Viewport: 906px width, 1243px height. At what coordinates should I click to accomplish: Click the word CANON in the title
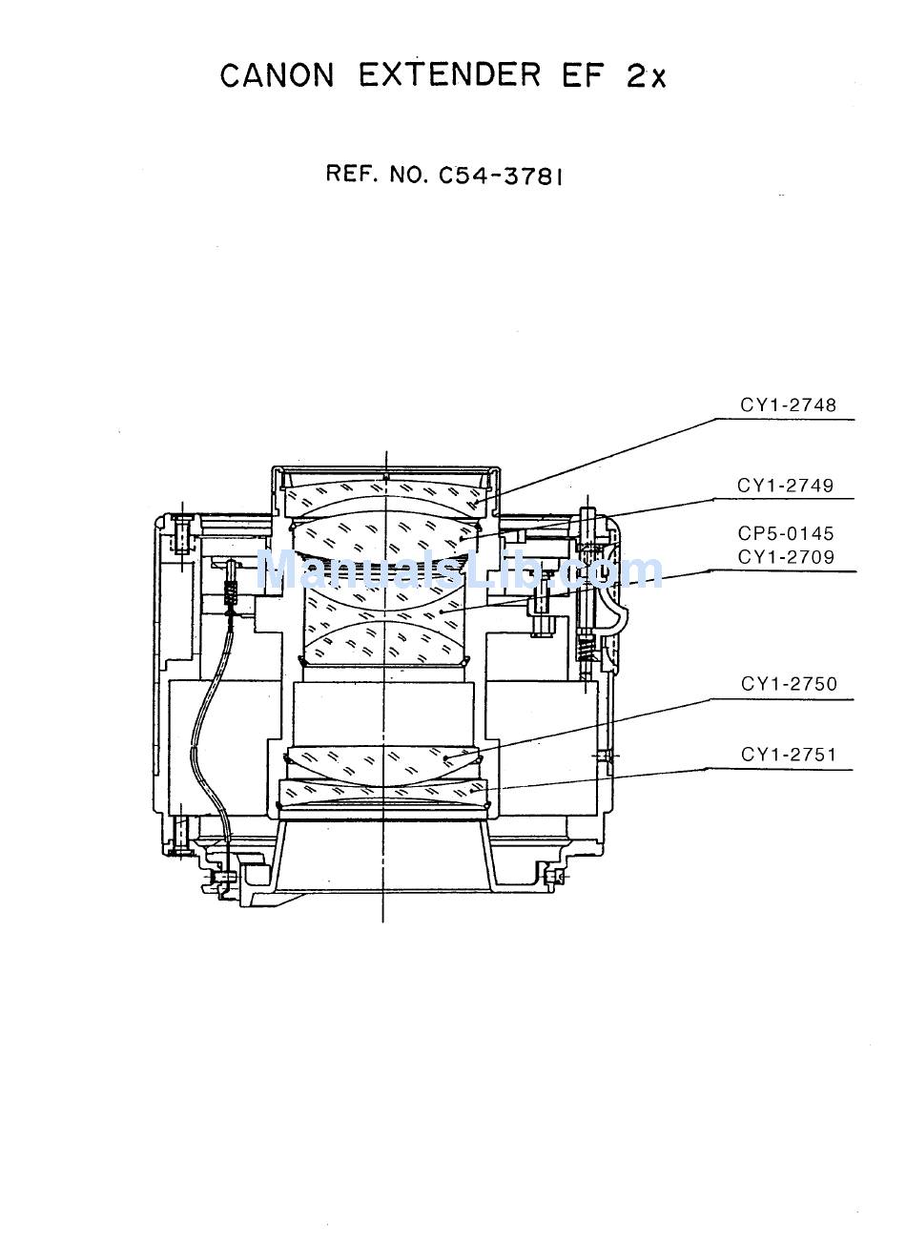pyautogui.click(x=277, y=75)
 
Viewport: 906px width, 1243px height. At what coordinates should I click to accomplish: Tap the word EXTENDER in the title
pyautogui.click(x=449, y=75)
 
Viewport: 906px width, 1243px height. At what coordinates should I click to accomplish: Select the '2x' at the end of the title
pyautogui.click(x=646, y=76)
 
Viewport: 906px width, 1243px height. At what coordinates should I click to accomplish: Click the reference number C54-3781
pyautogui.click(x=501, y=176)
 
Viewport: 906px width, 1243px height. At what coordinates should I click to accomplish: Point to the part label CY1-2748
pyautogui.click(x=788, y=405)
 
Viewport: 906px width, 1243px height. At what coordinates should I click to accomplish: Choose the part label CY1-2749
pyautogui.click(x=785, y=486)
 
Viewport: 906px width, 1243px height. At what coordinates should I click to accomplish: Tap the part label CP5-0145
pyautogui.click(x=786, y=533)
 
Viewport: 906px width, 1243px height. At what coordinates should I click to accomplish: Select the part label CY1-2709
pyautogui.click(x=786, y=556)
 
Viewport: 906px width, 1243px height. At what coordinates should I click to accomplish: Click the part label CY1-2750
pyautogui.click(x=789, y=684)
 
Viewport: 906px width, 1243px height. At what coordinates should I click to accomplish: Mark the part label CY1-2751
pyautogui.click(x=789, y=755)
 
